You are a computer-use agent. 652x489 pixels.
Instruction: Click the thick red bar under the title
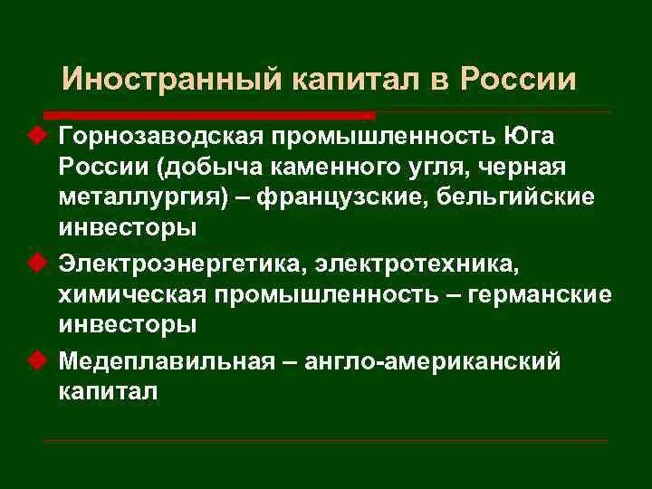point(209,116)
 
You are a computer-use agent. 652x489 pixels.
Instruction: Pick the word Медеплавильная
point(166,361)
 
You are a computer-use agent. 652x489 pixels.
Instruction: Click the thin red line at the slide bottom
point(326,441)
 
